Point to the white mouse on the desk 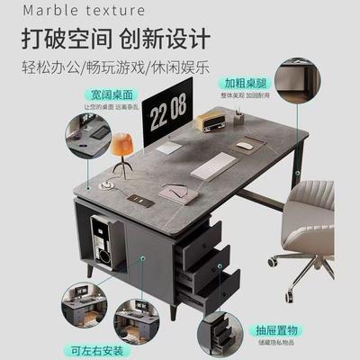coord(245,145)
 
